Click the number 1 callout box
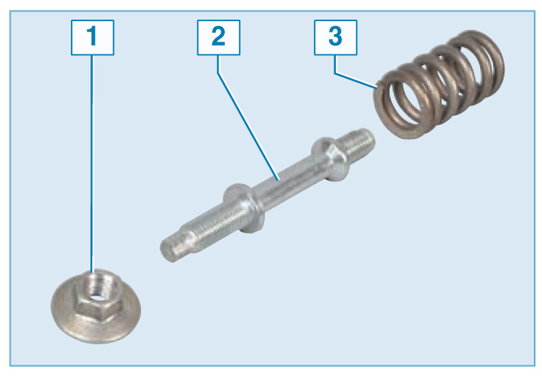[x=92, y=37]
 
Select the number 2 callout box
[x=218, y=37]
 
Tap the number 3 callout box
[x=335, y=37]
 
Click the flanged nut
[x=95, y=306]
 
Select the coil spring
[x=438, y=85]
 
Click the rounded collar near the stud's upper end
[x=329, y=159]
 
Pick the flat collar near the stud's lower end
[x=244, y=208]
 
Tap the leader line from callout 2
[x=248, y=125]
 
